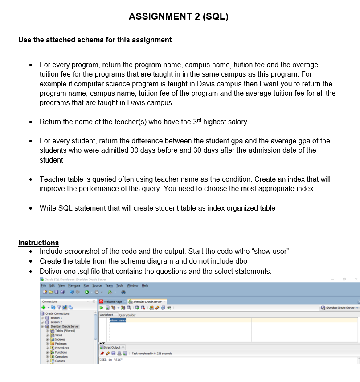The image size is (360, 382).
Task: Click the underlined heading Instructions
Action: (38, 243)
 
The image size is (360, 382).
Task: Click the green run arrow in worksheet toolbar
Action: (102, 308)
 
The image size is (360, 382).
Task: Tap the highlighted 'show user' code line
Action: (118, 320)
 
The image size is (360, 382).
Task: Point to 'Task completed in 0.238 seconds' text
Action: (153, 353)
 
